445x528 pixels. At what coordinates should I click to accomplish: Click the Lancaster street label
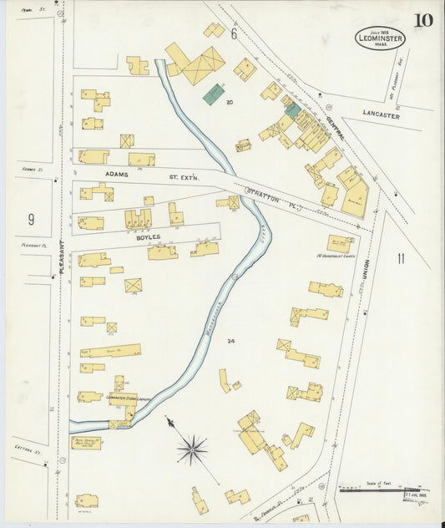click(381, 116)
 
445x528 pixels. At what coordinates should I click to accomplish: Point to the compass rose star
click(192, 450)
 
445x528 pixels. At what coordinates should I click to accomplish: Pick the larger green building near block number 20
click(214, 93)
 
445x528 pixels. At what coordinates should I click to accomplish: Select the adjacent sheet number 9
click(31, 220)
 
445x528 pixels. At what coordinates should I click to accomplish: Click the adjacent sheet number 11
click(400, 258)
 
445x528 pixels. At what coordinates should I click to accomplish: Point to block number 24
click(230, 341)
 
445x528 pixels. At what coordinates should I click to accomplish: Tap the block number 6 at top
click(235, 34)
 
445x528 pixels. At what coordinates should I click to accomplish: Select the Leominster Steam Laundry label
click(127, 399)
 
